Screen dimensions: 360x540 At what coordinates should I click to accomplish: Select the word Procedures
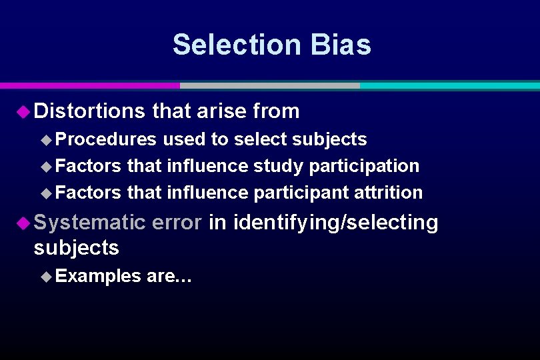[x=107, y=139]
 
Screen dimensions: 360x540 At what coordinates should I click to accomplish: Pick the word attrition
[x=389, y=193]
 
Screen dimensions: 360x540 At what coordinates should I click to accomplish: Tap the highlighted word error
[x=177, y=222]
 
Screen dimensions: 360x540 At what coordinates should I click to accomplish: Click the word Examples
[x=99, y=275]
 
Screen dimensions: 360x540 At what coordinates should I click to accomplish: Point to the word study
[x=273, y=165]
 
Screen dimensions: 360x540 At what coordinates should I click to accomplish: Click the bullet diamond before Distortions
[x=23, y=111]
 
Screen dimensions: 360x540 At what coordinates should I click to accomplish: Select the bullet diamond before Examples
[x=46, y=276]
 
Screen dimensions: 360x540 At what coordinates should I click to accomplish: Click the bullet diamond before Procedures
[x=46, y=139]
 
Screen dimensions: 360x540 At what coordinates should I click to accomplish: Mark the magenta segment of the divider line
[x=89, y=85]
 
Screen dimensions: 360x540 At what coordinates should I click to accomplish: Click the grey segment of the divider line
[x=269, y=85]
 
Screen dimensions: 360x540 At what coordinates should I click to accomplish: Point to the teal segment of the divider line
[x=449, y=85]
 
